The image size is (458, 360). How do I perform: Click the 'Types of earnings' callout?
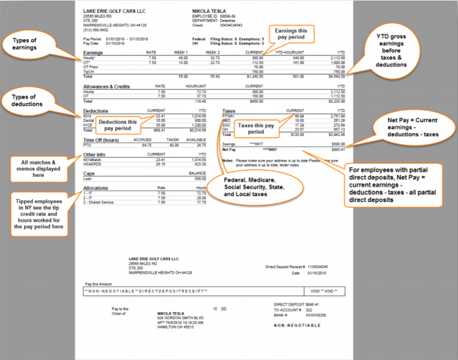pos(34,45)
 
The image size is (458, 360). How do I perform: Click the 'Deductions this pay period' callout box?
pos(117,124)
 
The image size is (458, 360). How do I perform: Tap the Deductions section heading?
pos(95,110)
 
